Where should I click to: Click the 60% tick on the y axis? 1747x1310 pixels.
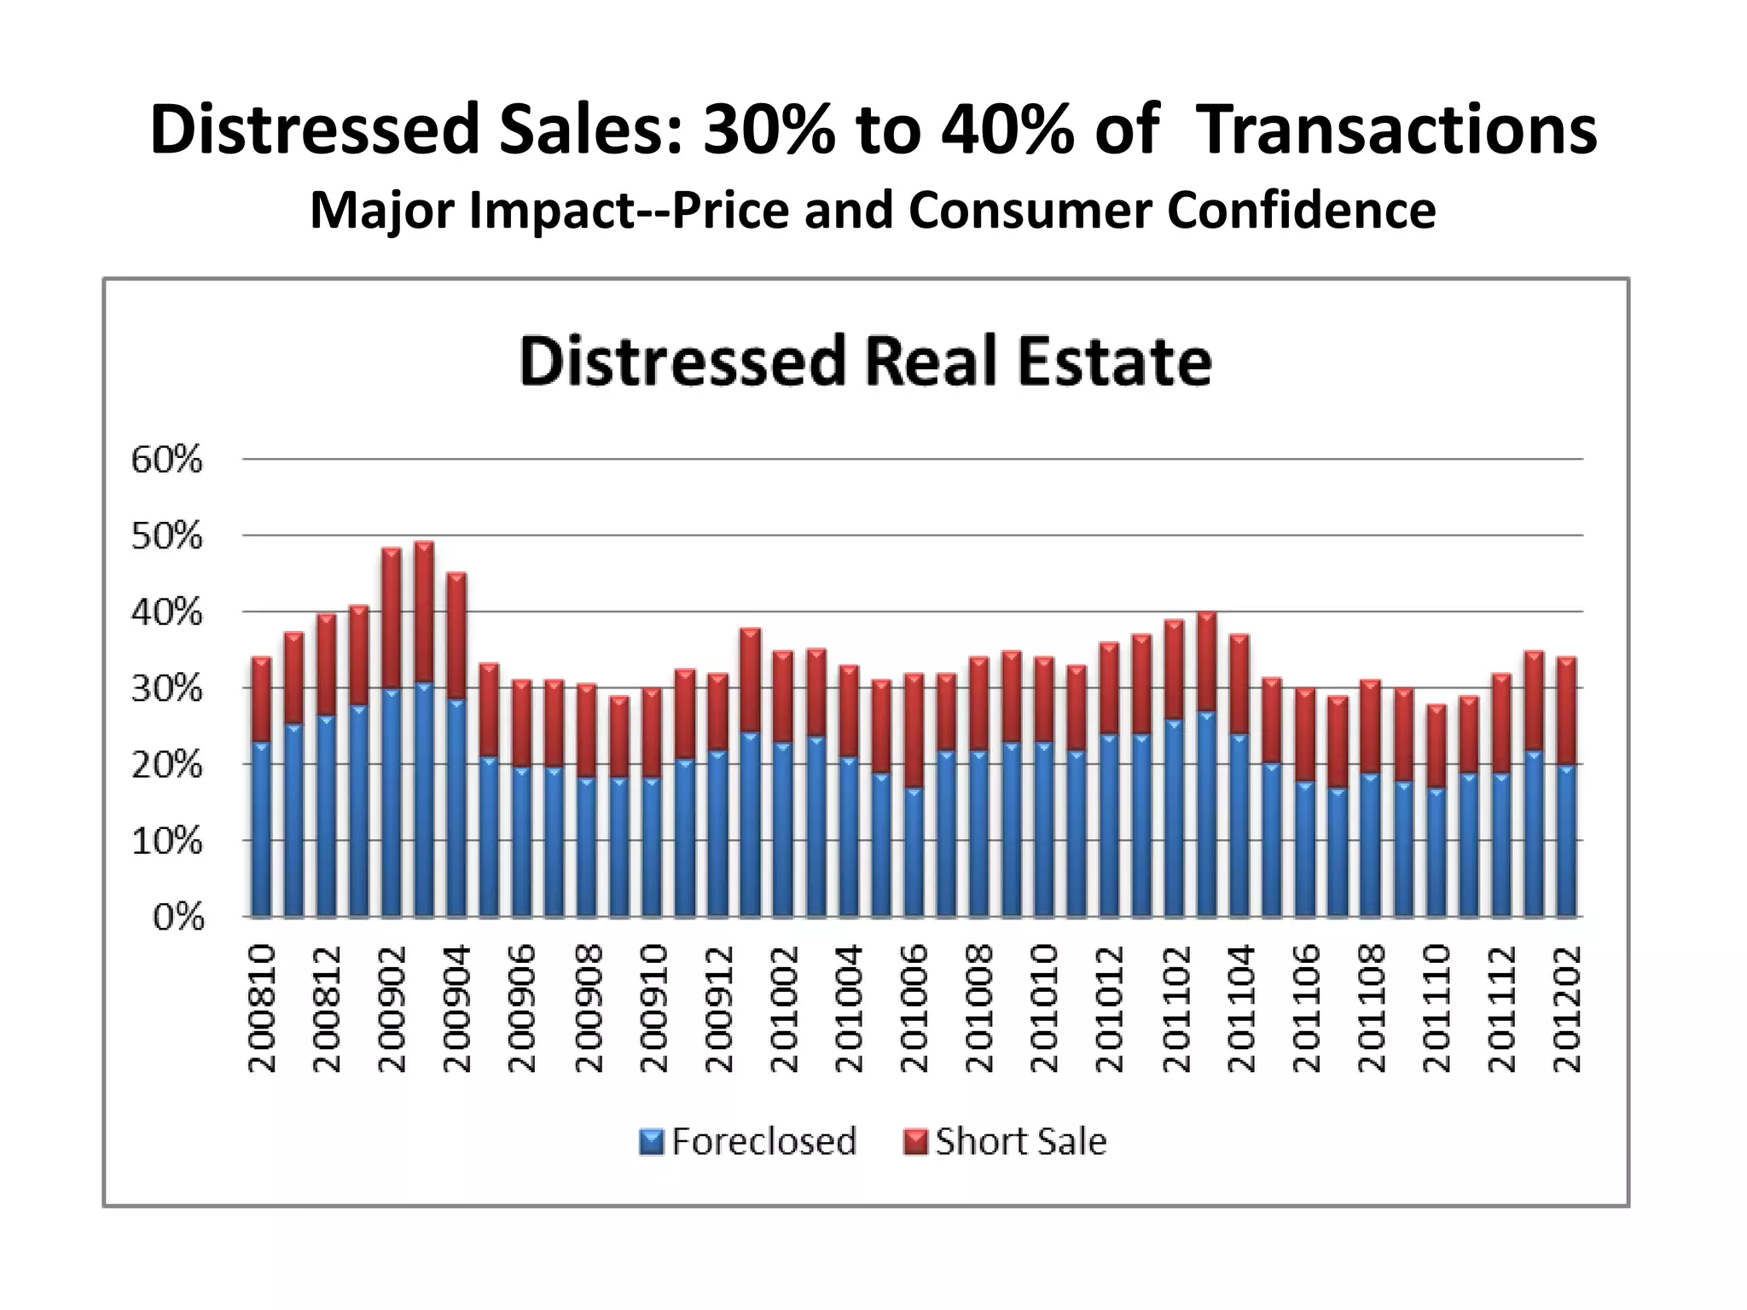(166, 461)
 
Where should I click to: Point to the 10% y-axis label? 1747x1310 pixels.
(166, 842)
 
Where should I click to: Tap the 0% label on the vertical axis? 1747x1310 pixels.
(178, 919)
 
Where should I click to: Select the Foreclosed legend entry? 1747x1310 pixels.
(748, 1141)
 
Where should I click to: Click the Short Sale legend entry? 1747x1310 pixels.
(1005, 1141)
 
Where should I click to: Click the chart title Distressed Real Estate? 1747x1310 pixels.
(865, 362)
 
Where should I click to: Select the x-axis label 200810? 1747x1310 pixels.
(262, 1007)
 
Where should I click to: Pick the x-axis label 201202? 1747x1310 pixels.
(1567, 1007)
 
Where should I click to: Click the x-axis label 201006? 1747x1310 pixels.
(914, 1007)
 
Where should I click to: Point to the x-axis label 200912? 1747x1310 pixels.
(719, 1007)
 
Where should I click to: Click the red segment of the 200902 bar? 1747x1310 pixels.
(392, 618)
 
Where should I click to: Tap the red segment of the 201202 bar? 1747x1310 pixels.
(1566, 711)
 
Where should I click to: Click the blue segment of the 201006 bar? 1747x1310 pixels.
(914, 853)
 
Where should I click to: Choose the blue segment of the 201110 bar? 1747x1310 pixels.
(1436, 853)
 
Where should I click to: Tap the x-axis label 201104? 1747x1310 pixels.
(1240, 1007)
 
